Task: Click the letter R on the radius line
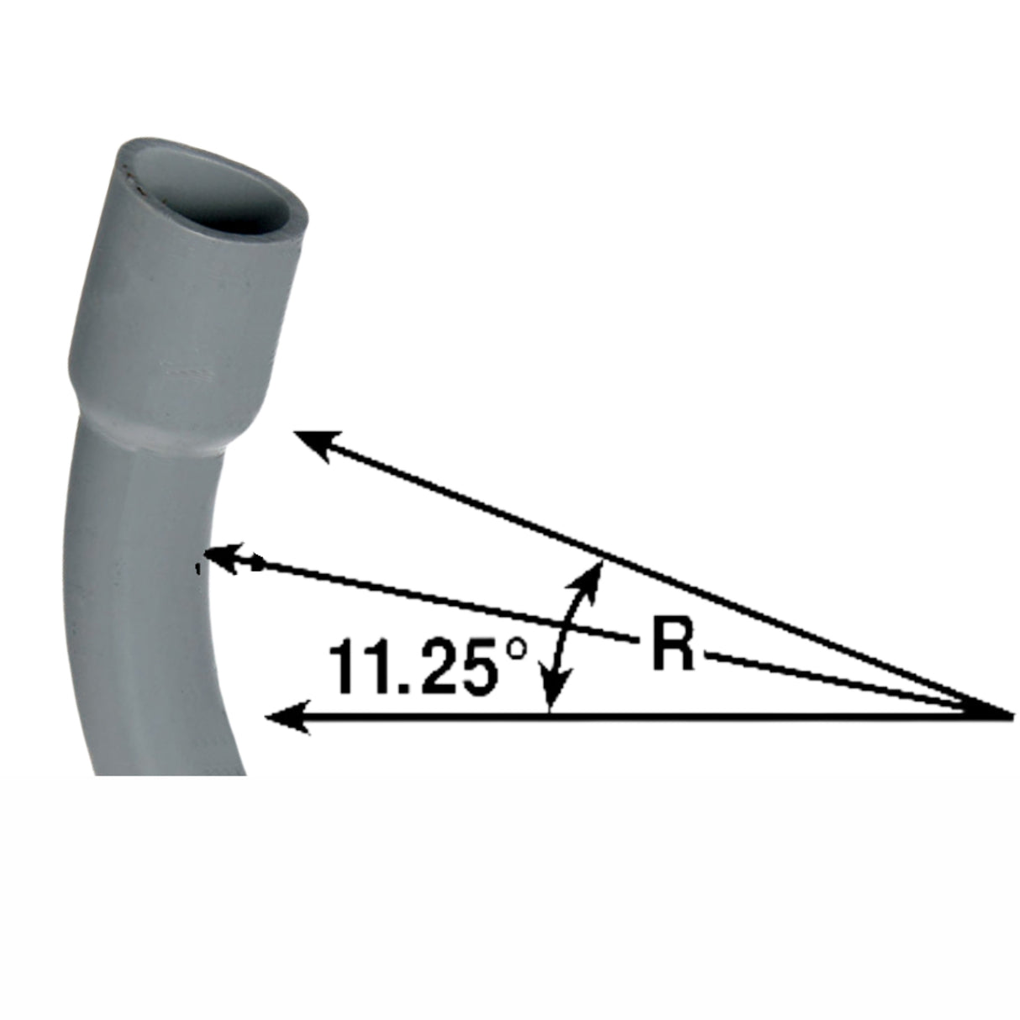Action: pos(672,646)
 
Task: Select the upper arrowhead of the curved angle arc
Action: pos(593,576)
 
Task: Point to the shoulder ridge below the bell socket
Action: pos(155,424)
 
